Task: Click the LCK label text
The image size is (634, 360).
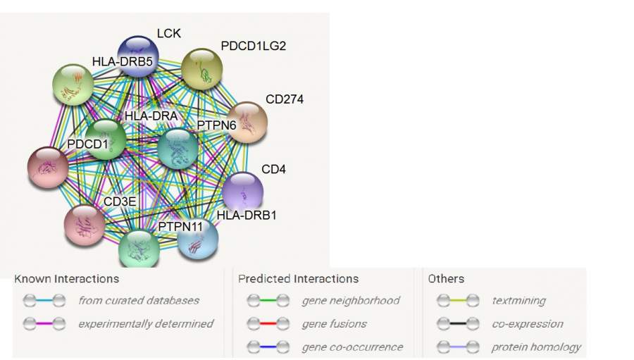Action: (x=168, y=33)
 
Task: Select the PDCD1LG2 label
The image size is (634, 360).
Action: (x=254, y=46)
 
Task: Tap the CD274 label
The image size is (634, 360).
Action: (x=285, y=99)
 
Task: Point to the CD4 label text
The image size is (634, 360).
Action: (x=273, y=170)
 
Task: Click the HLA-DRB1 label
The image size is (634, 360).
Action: (x=246, y=215)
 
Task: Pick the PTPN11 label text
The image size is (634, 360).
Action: (x=181, y=227)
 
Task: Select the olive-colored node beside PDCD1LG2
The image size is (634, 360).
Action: (x=201, y=68)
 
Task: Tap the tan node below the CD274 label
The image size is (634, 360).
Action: (x=247, y=123)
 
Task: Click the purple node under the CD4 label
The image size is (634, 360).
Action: (x=242, y=192)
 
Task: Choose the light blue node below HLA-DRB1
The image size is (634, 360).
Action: (x=197, y=240)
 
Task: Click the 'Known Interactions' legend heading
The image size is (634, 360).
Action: (x=66, y=279)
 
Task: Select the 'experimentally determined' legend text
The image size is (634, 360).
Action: (x=145, y=323)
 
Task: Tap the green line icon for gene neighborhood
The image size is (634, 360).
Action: (x=267, y=301)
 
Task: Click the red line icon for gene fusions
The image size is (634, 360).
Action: (x=267, y=324)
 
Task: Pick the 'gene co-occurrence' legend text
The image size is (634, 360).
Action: (x=352, y=347)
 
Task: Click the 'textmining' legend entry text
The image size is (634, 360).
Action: (x=518, y=301)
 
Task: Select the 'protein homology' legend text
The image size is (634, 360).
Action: (x=536, y=347)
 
